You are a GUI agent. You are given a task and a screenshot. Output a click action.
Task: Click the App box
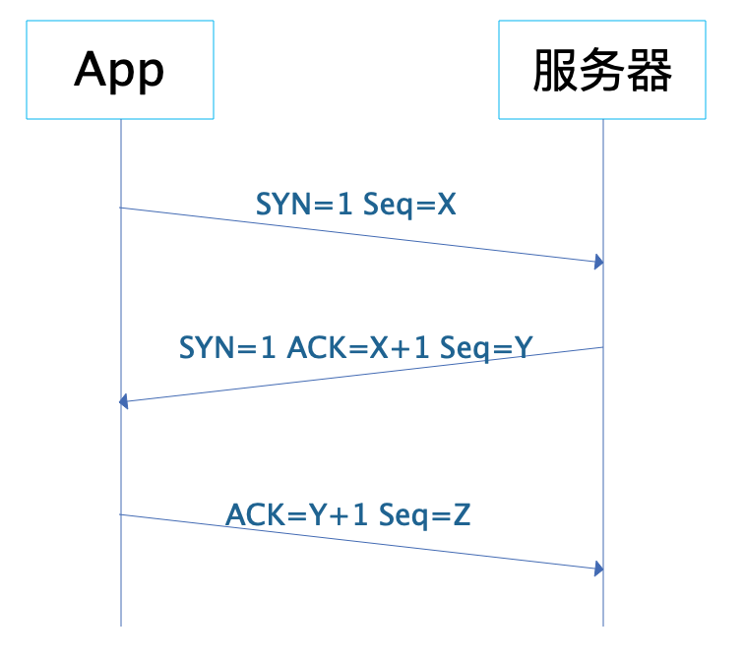click(x=120, y=70)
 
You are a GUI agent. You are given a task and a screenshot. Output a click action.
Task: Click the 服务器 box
click(x=602, y=70)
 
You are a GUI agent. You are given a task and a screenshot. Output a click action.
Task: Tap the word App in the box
click(x=120, y=70)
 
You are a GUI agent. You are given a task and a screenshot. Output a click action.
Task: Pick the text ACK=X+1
click(x=357, y=347)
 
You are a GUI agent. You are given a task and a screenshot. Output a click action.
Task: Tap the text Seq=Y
click(x=486, y=347)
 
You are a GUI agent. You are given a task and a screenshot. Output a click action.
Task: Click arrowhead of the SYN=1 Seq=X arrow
click(x=597, y=263)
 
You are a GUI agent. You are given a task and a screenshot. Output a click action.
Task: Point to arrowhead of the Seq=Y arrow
click(x=124, y=401)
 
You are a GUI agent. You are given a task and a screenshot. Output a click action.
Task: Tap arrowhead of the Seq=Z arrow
click(x=597, y=569)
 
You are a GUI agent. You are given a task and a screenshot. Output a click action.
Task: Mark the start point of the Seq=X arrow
click(x=121, y=208)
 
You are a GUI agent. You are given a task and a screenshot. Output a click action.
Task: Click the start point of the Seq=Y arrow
click(x=602, y=347)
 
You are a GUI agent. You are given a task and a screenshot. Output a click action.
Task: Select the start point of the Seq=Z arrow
click(x=121, y=513)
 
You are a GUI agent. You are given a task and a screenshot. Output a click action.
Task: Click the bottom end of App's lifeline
click(x=121, y=625)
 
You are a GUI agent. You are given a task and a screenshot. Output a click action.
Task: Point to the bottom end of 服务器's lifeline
click(x=602, y=625)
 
